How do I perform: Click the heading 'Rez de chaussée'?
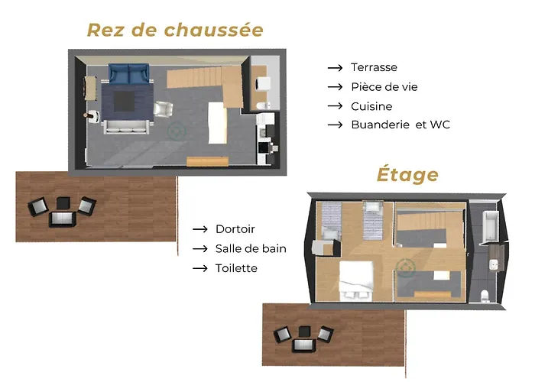[175, 30]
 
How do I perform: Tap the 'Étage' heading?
[407, 174]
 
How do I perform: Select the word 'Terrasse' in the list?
[374, 67]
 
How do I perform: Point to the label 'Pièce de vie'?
[384, 86]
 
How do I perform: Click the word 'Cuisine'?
[371, 106]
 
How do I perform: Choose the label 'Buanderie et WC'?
[400, 125]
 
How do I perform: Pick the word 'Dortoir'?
[235, 229]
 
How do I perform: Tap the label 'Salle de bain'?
[251, 248]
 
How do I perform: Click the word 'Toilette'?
[236, 268]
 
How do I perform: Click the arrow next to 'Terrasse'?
[335, 67]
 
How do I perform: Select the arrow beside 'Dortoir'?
[200, 229]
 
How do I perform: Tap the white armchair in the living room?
[164, 110]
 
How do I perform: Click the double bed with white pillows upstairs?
[356, 280]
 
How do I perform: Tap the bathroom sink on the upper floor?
[493, 264]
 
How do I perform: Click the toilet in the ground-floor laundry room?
[261, 105]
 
